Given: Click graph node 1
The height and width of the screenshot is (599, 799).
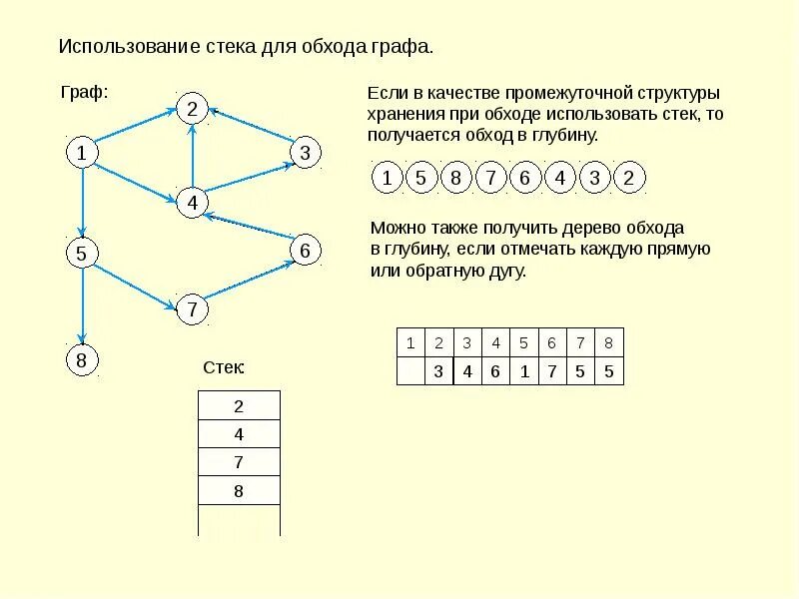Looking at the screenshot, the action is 81,153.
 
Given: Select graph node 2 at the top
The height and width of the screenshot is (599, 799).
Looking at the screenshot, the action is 192,109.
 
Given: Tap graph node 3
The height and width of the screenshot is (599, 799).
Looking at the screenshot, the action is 305,153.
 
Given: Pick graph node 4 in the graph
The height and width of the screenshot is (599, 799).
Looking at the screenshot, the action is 192,203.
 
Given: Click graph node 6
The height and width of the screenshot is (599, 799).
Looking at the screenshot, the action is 305,250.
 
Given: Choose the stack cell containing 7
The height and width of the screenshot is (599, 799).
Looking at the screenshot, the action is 239,463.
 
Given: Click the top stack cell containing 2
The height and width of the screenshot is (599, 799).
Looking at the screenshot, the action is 239,406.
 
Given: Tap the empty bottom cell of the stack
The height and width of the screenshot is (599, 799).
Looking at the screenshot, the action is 239,520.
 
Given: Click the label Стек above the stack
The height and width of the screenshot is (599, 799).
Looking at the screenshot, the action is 224,368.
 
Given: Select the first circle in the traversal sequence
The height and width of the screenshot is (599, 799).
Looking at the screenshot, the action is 387,179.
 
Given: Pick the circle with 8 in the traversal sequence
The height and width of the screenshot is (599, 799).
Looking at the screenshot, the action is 455,179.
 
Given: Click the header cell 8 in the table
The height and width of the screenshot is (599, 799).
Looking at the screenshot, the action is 608,342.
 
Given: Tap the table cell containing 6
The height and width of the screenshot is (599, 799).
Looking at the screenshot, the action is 495,371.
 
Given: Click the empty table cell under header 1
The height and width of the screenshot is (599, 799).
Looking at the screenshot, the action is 410,371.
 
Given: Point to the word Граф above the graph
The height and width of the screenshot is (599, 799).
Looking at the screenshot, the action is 84,92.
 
